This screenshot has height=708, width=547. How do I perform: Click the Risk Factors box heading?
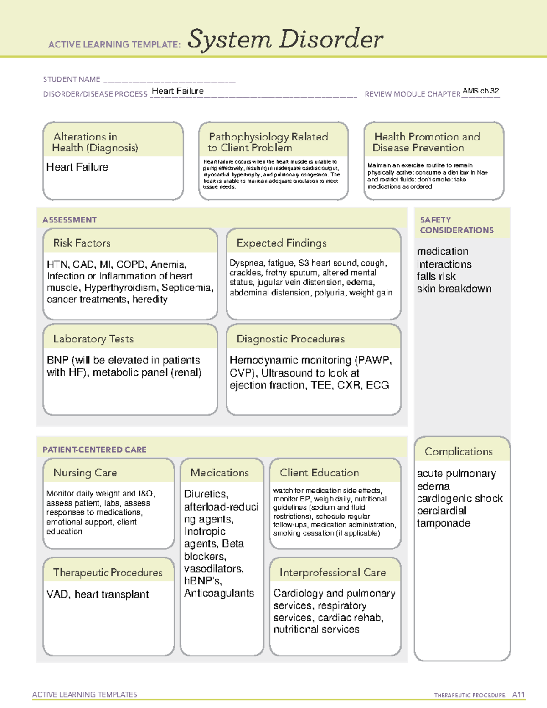point(82,243)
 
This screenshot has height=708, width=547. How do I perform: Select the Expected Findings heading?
point(281,243)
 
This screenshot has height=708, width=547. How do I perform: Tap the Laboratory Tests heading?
point(93,339)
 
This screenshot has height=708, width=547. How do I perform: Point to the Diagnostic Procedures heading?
point(290,339)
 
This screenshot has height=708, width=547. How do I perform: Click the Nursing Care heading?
point(85,473)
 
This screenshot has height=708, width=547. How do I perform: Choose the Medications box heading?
point(219,473)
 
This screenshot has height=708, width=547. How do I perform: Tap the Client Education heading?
point(319,473)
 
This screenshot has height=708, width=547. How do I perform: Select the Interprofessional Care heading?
point(332,572)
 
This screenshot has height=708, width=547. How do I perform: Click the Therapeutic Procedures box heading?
point(108,572)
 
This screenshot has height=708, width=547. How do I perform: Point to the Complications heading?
point(459,451)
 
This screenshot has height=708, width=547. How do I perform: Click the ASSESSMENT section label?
point(69,220)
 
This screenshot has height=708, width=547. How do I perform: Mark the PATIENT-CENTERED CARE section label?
point(94,450)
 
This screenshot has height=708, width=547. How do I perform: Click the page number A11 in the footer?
point(518,694)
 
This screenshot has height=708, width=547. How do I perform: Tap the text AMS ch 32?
point(480,91)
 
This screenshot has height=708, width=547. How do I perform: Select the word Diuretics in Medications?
point(206,494)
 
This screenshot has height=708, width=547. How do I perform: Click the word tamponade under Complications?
point(443,523)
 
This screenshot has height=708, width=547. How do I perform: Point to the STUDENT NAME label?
point(72,79)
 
